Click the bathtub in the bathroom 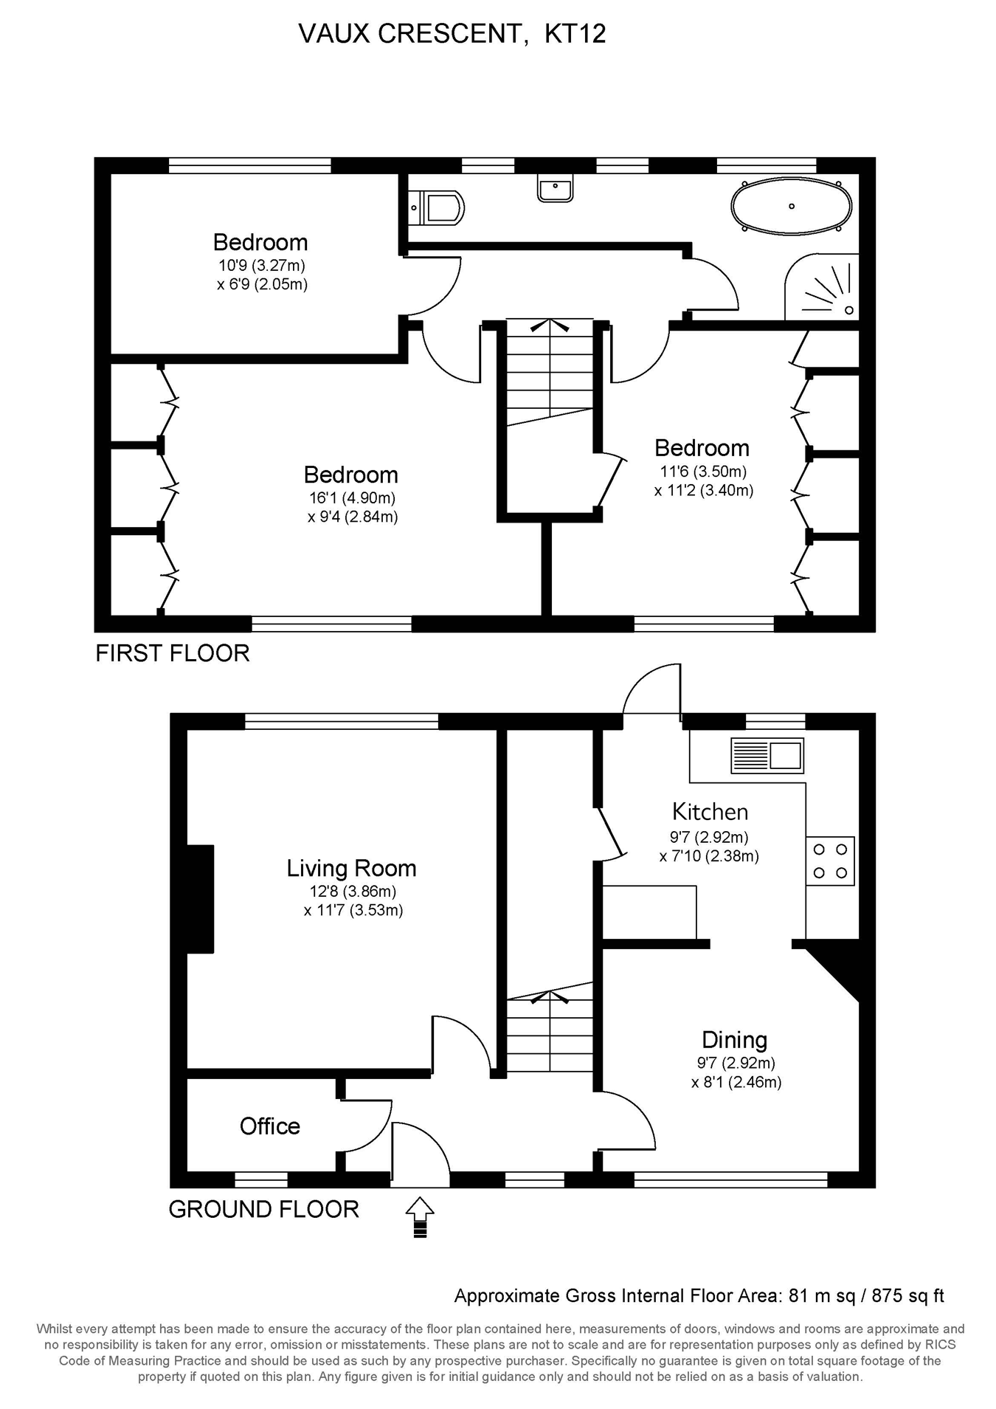(791, 206)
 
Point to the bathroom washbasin (555, 189)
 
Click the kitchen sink (767, 755)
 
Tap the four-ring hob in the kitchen (830, 861)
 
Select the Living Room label (351, 868)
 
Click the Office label (270, 1126)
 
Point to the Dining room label (734, 1040)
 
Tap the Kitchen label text (710, 812)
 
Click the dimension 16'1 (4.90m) (352, 498)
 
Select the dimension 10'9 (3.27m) (261, 266)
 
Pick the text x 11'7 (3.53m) (353, 910)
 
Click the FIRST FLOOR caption (173, 653)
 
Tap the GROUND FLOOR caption (264, 1209)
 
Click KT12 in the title (575, 34)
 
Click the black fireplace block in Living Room (200, 899)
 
